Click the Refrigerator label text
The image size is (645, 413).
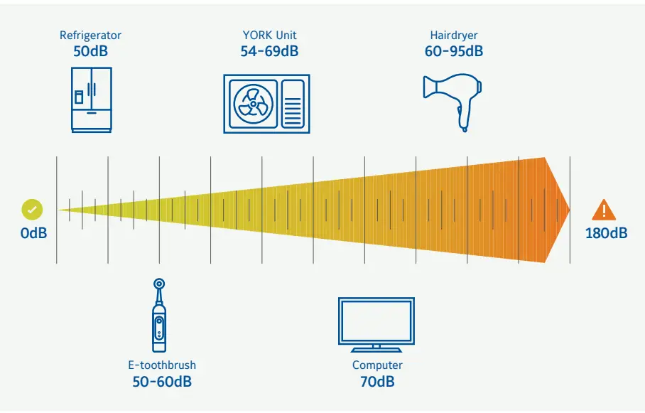[91, 35]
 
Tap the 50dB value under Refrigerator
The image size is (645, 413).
[91, 51]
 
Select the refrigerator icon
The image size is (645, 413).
[92, 100]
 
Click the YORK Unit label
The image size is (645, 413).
[269, 35]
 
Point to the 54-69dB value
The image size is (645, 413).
[269, 51]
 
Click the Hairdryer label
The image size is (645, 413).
[453, 35]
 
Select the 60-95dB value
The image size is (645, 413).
[453, 51]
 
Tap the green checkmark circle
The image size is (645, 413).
[32, 209]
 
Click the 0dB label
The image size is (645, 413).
[33, 232]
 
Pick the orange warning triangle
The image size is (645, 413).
[604, 210]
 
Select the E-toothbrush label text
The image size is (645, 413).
[162, 365]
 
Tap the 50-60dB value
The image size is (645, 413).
[162, 382]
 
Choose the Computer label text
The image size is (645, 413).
[377, 365]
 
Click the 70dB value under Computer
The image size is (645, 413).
[377, 382]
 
